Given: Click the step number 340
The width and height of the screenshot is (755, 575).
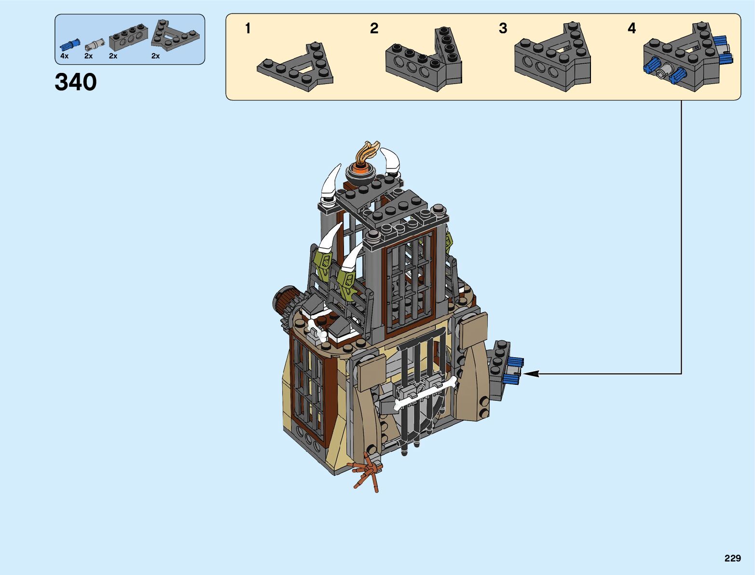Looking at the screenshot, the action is tap(76, 82).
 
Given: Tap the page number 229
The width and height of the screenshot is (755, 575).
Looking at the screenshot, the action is tap(732, 558).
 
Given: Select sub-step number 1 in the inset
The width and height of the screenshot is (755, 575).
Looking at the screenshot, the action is tap(248, 28).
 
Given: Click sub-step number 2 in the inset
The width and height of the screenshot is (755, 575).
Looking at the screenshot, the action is tap(374, 28).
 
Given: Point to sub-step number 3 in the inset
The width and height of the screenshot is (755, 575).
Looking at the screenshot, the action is tap(503, 28).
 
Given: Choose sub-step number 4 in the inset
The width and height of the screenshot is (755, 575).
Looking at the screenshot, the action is tap(631, 28).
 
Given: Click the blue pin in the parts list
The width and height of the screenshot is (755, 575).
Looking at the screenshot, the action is tap(68, 45).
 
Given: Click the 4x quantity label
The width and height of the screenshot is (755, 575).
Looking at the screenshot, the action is tap(64, 56).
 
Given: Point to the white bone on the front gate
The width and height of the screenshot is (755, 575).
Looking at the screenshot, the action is tap(425, 394).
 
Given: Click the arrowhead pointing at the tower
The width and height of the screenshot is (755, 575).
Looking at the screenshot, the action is tap(530, 373).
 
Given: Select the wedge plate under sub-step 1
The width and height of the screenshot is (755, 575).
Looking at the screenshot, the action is tap(295, 68).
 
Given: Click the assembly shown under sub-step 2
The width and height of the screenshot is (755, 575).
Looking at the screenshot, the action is tap(424, 60).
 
